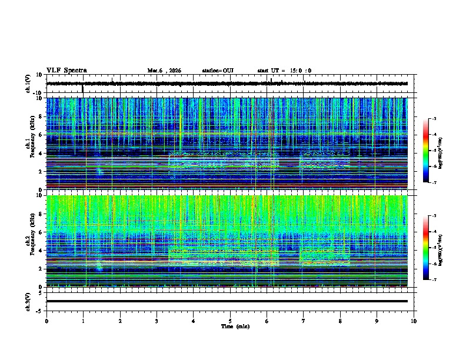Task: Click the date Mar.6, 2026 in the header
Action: click(164, 71)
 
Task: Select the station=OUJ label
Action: click(218, 71)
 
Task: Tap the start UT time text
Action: click(284, 71)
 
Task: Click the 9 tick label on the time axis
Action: click(377, 321)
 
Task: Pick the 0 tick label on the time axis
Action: click(46, 321)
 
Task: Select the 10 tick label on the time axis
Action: click(414, 321)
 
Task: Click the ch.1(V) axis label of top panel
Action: click(28, 84)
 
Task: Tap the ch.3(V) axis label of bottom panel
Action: click(28, 301)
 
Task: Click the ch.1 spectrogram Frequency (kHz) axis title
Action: click(32, 144)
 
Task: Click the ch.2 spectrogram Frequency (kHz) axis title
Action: click(32, 241)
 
